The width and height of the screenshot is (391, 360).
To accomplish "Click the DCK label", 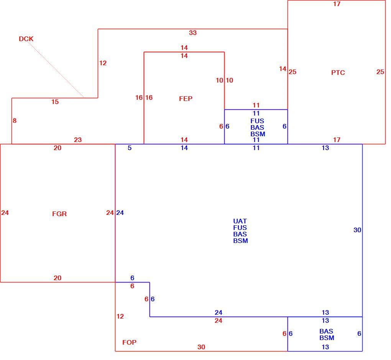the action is [26, 39].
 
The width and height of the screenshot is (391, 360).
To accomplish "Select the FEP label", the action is [186, 99].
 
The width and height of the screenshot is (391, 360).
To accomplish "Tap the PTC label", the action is [338, 73].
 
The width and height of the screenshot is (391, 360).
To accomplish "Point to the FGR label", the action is [59, 214].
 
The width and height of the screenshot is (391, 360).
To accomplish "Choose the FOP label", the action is [130, 342].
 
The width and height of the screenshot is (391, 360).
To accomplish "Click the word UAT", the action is [240, 221].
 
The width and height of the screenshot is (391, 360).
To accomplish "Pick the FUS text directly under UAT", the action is [240, 228].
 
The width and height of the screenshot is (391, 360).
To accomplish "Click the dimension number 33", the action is [193, 33].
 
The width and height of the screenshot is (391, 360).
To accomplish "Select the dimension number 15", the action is [55, 102].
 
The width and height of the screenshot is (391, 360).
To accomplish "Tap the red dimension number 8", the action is [15, 121].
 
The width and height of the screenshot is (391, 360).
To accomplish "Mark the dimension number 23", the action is [78, 140].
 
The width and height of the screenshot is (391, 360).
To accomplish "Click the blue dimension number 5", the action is [130, 148].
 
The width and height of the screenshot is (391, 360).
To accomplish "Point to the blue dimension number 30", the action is [357, 230].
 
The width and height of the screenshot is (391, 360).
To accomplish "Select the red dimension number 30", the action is [201, 347].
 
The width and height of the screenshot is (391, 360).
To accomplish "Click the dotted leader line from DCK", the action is [55, 69].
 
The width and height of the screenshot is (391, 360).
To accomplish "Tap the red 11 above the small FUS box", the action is [256, 105].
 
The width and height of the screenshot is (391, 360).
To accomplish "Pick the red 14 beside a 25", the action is [283, 69].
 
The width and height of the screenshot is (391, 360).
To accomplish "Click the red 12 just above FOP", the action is [120, 316].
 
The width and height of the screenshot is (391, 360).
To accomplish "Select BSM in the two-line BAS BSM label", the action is [327, 338].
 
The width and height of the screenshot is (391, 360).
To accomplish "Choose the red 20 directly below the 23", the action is [58, 148].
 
